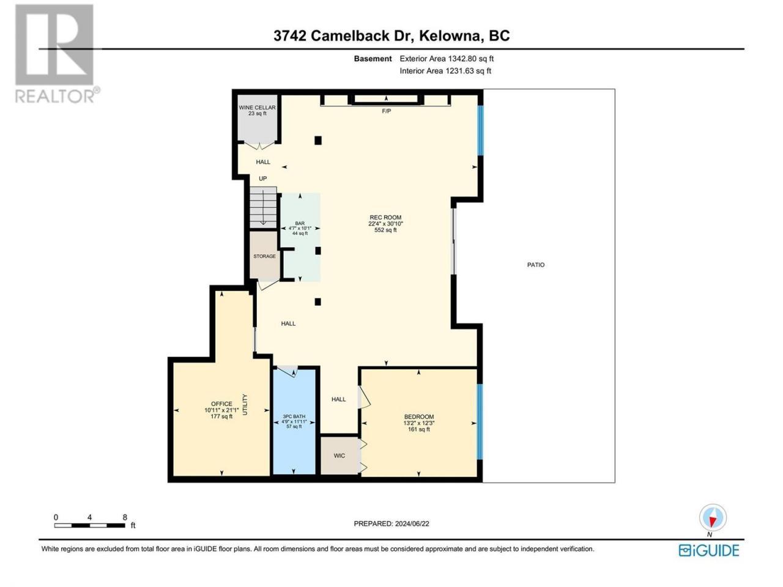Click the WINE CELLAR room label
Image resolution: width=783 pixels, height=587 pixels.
pos(257,107)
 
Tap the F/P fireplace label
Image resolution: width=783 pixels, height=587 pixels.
pos(387,111)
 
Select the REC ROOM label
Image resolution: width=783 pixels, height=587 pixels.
pos(385,218)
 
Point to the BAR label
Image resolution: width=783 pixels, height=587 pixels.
pos(300,223)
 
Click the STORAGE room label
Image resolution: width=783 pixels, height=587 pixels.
pos(264,256)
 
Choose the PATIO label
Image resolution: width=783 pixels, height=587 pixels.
pos(536,265)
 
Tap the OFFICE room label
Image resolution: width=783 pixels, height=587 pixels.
pos(221,404)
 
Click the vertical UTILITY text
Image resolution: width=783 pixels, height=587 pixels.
pos(245,405)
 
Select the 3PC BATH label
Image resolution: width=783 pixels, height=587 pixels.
pos(294,416)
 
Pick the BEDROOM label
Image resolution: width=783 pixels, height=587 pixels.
pos(419,416)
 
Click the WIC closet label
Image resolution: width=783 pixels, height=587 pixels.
pos(340,456)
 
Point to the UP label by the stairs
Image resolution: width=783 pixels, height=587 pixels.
pos(262,179)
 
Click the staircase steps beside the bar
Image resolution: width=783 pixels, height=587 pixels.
pos(263,207)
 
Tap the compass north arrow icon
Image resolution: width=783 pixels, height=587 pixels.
pos(713,517)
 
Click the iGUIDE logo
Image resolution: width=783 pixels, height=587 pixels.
pos(709,551)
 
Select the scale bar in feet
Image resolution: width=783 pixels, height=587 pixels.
pos(89,525)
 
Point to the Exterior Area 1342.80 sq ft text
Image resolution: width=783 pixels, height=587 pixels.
pos(447,59)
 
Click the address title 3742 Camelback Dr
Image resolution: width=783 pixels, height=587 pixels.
pos(344,35)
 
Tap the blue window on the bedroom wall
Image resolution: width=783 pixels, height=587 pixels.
pos(480,422)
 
